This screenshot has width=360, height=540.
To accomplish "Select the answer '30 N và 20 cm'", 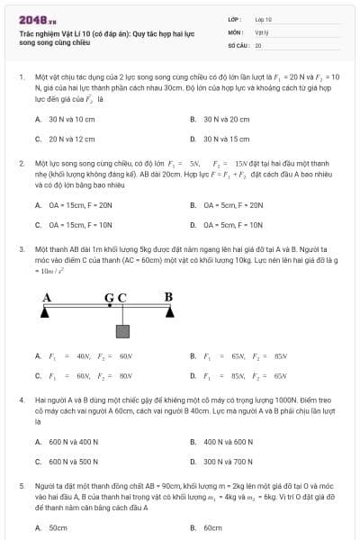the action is tap(226, 119).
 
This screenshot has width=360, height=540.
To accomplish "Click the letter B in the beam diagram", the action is tap(168, 296).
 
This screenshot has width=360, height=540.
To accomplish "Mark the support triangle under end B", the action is tap(169, 313).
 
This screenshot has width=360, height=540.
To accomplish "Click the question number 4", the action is tap(22, 398).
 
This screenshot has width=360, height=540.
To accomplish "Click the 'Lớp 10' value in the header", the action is tap(263, 18).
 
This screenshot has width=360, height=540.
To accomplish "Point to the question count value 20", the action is tap(258, 44).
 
